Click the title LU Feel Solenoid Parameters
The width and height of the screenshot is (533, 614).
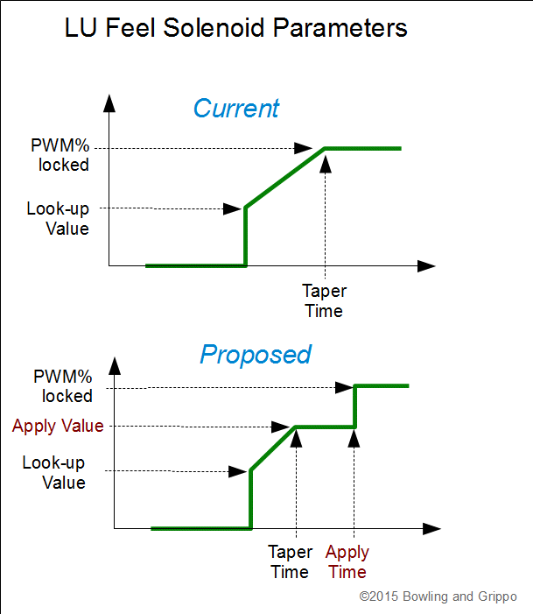click(236, 29)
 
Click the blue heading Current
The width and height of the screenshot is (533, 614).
click(235, 109)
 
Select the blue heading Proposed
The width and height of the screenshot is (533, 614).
click(255, 355)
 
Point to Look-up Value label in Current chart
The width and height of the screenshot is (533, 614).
click(58, 219)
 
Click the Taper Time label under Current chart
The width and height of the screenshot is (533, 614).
click(323, 300)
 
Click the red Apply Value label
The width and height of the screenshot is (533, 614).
click(58, 427)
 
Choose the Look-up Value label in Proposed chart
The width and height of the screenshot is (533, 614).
click(54, 472)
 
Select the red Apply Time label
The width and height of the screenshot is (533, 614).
click(347, 562)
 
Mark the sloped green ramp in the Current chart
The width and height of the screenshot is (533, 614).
click(284, 178)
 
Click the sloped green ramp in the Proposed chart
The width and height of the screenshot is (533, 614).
click(273, 449)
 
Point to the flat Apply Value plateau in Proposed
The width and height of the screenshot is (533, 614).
click(326, 427)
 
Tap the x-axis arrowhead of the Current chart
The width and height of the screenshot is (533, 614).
click(426, 265)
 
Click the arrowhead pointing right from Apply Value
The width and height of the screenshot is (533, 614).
click(282, 427)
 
